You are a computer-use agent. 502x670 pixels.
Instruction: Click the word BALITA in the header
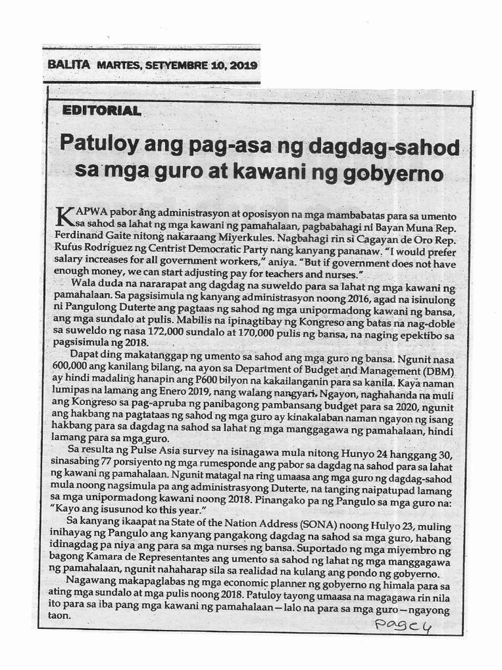click(69, 65)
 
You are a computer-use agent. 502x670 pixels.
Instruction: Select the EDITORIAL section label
click(101, 111)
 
